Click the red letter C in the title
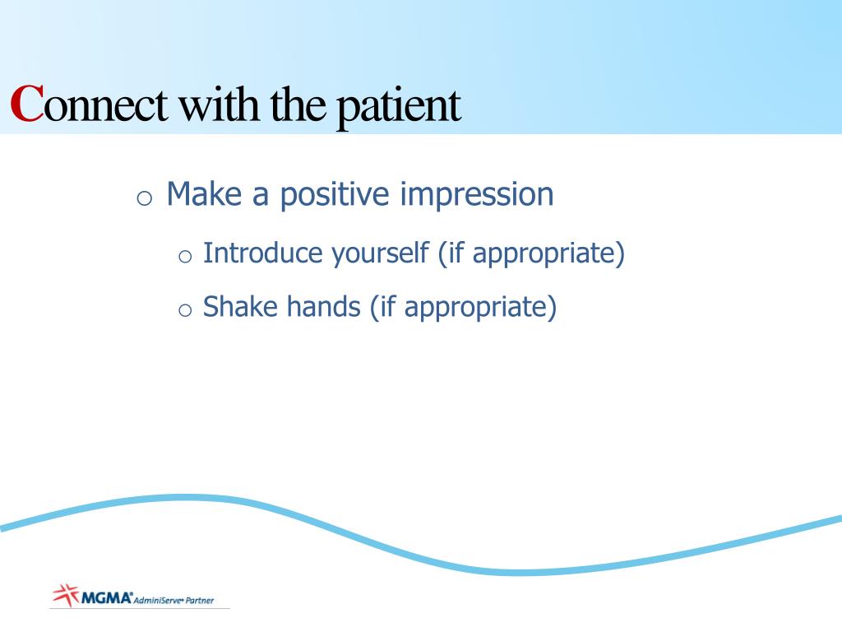click(x=26, y=104)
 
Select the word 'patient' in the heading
click(x=399, y=108)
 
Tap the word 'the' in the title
click(x=298, y=104)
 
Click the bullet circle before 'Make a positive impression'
click(x=145, y=198)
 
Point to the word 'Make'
click(x=204, y=193)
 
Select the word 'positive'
click(x=335, y=196)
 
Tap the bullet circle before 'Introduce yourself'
click(x=185, y=257)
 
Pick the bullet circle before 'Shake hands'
click(x=185, y=310)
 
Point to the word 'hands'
click(x=323, y=306)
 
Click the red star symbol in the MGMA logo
click(x=66, y=595)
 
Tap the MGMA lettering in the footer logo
click(x=106, y=597)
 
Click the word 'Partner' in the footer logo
click(x=200, y=600)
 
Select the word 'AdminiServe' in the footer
click(x=158, y=600)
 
